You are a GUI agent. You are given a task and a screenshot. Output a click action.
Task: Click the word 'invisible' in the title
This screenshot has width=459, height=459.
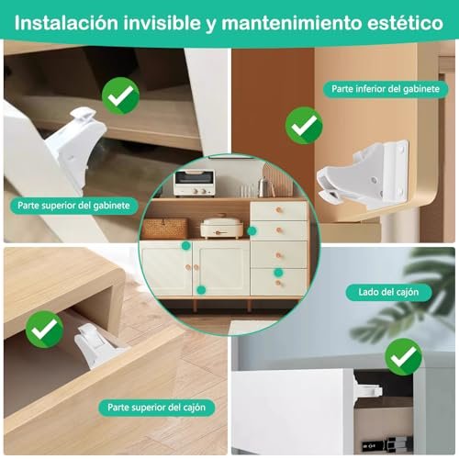tap(162, 23)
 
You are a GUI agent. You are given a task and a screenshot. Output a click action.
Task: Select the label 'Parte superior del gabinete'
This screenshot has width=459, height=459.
tap(73, 206)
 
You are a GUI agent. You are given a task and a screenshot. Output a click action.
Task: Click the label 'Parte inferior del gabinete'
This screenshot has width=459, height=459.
tap(386, 89)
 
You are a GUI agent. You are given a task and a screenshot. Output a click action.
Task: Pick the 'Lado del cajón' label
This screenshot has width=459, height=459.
tap(388, 292)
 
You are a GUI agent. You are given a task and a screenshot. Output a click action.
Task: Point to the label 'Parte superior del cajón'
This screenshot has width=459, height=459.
tap(156, 408)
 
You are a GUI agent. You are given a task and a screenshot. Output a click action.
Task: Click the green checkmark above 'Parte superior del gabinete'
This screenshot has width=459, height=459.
tap(120, 95)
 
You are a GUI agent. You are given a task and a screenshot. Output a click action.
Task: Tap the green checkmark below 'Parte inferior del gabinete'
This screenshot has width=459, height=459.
tap(304, 126)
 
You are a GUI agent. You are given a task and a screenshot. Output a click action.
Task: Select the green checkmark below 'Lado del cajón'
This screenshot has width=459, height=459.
tap(403, 357)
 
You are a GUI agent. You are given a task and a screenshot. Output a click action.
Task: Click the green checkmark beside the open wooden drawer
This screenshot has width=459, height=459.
tap(44, 330)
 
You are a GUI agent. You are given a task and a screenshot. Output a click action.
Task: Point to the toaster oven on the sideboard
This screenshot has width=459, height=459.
tap(194, 183)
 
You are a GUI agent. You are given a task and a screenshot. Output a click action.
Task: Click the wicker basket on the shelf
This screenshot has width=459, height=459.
tap(164, 229)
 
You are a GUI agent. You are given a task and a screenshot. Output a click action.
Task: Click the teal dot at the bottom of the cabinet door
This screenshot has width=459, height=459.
tap(201, 290)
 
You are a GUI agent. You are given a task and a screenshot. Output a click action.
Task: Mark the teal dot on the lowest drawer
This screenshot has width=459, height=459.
tap(278, 272)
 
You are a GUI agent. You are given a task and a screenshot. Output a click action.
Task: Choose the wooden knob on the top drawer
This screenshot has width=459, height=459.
tap(279, 210)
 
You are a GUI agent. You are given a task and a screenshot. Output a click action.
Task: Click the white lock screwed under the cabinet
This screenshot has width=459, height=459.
tap(364, 174)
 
